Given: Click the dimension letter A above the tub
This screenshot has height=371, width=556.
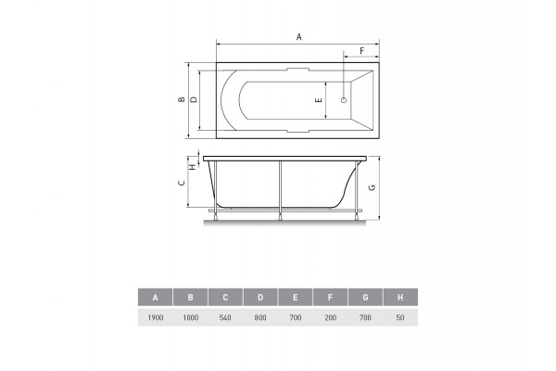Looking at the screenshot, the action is pos(299,36).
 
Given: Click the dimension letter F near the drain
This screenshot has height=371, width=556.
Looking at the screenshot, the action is pos(362,51).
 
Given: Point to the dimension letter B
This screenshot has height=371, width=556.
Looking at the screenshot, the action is pos(182,100).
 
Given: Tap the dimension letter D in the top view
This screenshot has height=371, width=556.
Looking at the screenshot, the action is pos(194,99).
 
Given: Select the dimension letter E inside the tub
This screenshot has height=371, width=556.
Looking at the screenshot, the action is pos(319,100).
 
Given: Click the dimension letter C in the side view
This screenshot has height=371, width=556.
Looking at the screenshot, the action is pos(182,183).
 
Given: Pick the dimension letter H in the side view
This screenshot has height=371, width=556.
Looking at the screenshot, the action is pos(193,166).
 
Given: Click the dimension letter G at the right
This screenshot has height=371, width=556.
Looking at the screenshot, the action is pos(372,187).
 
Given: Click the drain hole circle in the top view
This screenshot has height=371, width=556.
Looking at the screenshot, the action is pos(343,100).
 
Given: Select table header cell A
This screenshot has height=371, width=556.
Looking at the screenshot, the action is pos(156,297).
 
